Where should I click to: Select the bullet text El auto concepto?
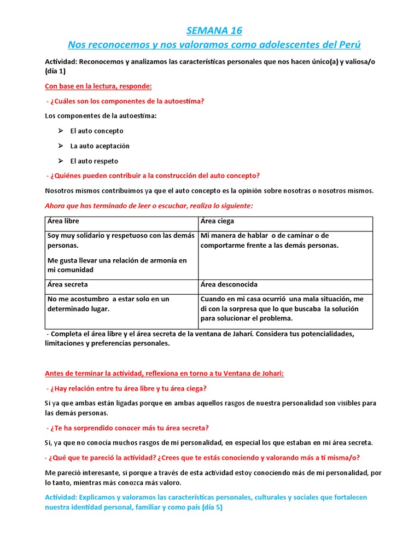(97, 131)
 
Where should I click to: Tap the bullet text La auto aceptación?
(100, 146)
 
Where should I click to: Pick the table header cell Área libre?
(63, 221)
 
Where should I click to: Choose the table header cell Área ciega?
(217, 221)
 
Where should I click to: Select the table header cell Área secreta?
(68, 285)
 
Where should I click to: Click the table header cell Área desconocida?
(229, 285)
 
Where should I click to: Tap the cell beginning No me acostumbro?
(108, 304)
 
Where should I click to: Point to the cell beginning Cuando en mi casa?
(282, 308)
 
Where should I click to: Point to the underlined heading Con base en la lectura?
(98, 86)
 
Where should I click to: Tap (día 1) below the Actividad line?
(55, 71)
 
